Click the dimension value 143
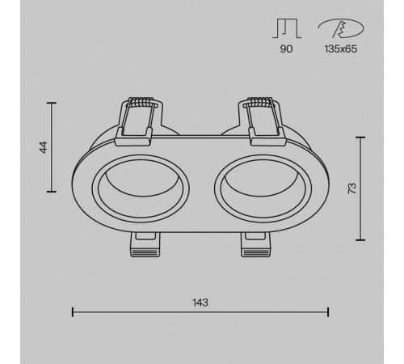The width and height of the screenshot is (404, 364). (200, 303)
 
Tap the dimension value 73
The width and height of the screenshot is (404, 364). (352, 188)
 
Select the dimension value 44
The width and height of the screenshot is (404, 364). (44, 147)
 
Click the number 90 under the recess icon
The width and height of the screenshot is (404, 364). (286, 49)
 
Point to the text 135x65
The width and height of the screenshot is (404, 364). (341, 49)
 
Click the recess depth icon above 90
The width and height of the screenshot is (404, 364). (287, 28)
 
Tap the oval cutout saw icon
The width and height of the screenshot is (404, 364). (341, 28)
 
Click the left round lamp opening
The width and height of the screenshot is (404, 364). (141, 188)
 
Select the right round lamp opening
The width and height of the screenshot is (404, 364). (263, 188)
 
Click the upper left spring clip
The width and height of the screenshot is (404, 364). (138, 121)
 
